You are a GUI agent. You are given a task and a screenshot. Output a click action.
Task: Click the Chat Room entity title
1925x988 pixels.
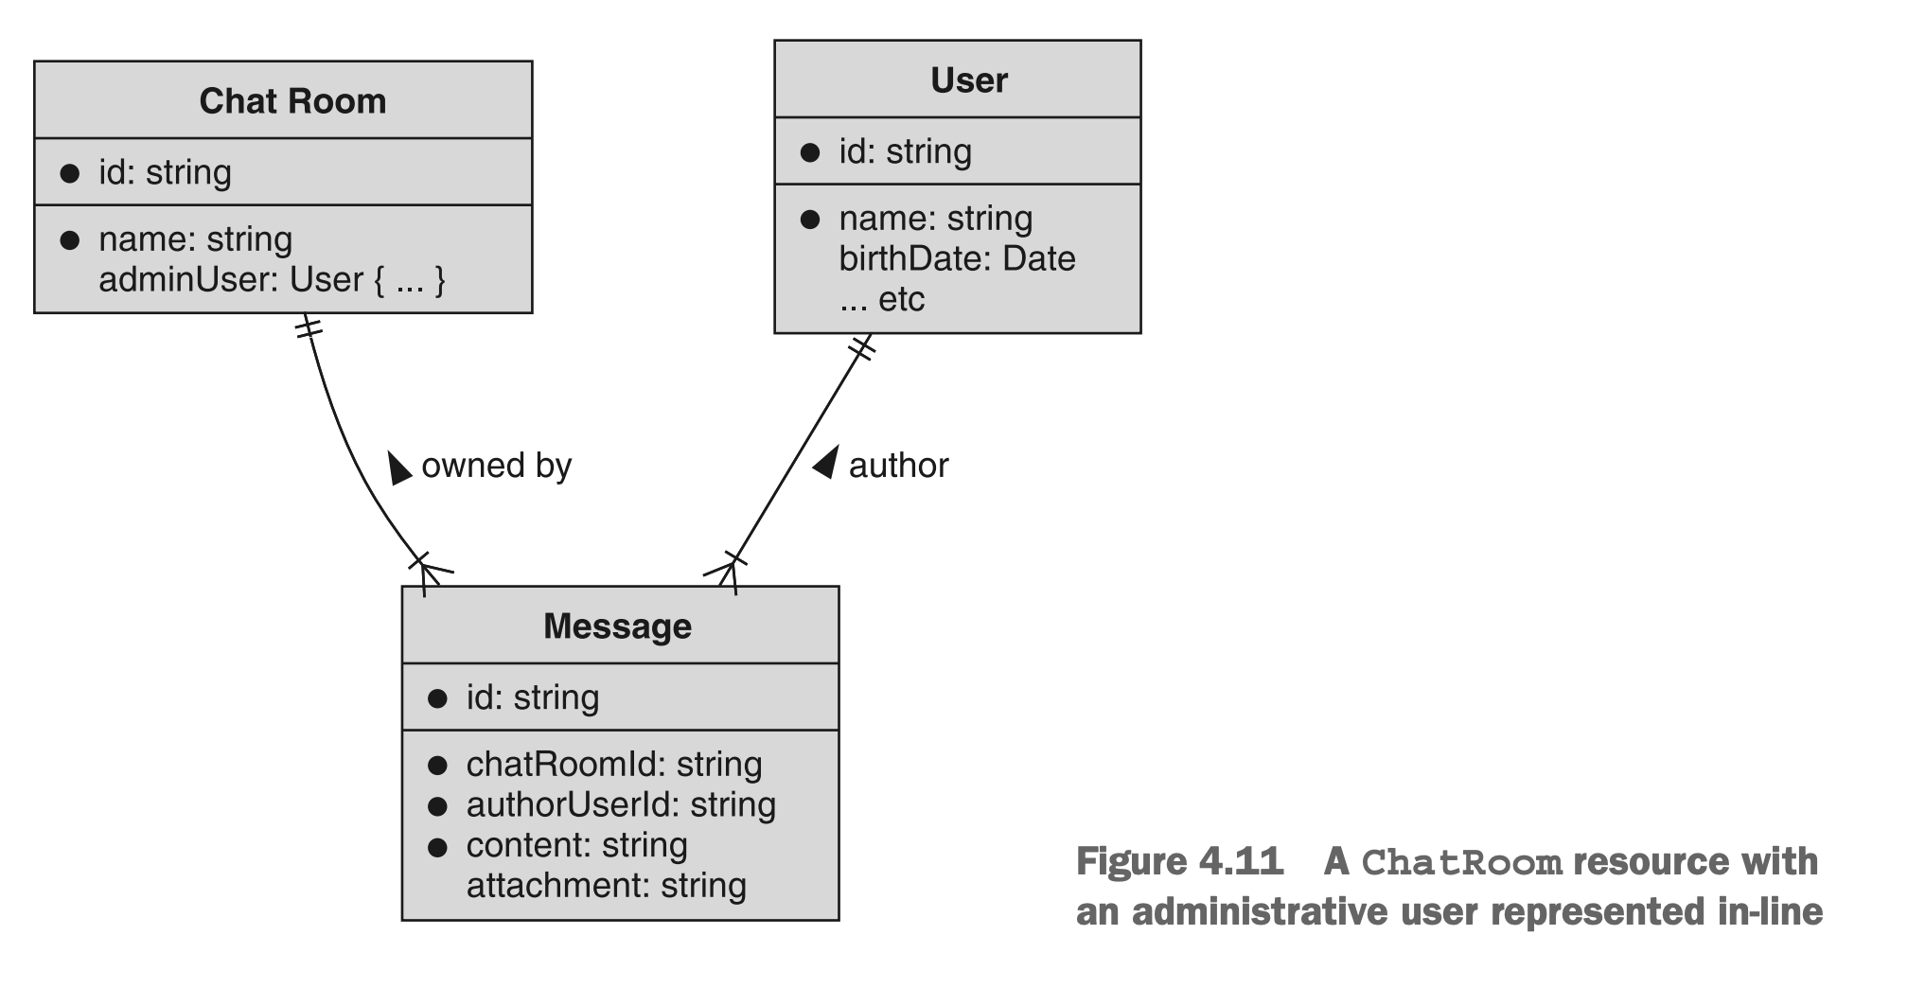[292, 101]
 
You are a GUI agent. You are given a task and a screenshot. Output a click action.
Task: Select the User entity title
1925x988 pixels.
[968, 80]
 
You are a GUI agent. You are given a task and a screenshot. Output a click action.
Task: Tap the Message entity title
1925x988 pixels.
[617, 626]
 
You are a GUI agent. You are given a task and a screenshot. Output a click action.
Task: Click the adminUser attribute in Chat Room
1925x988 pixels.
[272, 280]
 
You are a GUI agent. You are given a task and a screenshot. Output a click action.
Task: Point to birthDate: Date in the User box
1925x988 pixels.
[956, 259]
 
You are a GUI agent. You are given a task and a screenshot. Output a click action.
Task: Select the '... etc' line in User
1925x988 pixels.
[881, 300]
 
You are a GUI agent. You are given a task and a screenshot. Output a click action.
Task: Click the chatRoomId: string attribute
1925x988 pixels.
[613, 765]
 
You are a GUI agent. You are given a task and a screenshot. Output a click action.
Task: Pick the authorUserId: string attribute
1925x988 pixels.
[620, 805]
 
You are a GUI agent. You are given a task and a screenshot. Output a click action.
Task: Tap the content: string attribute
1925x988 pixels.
[576, 845]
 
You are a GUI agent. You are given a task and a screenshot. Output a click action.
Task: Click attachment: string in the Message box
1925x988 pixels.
[606, 886]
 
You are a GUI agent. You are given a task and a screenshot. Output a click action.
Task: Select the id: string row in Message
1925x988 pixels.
[532, 698]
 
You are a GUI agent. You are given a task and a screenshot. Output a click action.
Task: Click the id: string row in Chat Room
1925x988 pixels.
[165, 173]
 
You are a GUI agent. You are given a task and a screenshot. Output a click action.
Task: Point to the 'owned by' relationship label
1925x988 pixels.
[496, 466]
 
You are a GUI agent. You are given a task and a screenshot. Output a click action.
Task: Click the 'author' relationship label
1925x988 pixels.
[898, 466]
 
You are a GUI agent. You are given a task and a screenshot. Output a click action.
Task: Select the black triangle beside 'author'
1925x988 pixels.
[827, 462]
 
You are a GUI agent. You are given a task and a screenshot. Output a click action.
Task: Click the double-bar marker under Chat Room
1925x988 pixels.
[309, 328]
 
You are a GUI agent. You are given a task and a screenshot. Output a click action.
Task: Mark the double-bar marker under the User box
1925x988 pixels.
[861, 347]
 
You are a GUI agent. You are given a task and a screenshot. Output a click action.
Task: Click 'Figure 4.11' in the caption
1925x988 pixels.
[1179, 862]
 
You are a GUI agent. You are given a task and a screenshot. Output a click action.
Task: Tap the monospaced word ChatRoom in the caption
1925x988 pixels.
[1460, 863]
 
